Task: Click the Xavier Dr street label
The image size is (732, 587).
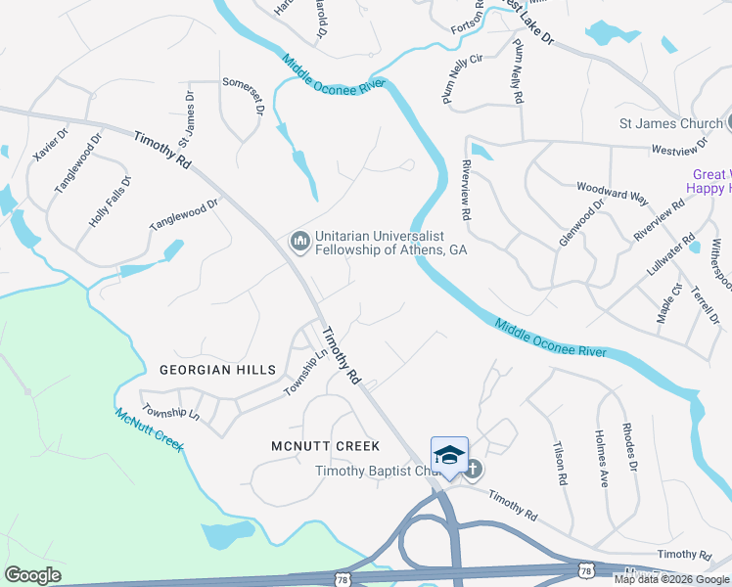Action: (50, 147)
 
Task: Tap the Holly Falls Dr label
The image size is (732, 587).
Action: (110, 202)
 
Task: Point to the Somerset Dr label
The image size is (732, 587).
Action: (242, 97)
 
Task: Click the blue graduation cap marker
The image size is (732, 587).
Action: (449, 455)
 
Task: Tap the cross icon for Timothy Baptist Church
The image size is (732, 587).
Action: (472, 470)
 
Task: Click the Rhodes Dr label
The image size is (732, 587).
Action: (632, 453)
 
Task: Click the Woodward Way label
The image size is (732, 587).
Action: (613, 192)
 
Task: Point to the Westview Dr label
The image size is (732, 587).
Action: (679, 148)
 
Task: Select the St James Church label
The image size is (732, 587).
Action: (670, 123)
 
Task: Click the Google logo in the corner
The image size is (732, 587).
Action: (32, 575)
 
